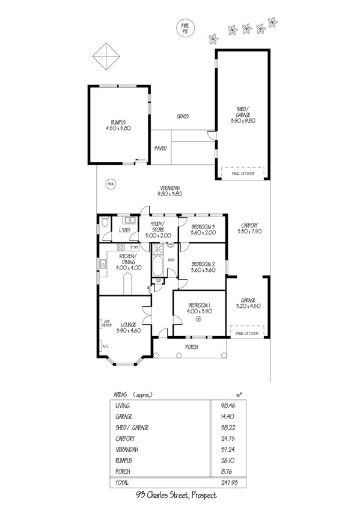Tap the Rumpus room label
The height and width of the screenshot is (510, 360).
[x=118, y=125]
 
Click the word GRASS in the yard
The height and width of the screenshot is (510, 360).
[x=183, y=116]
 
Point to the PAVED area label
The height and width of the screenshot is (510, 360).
[x=160, y=147]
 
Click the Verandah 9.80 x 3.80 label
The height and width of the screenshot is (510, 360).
[x=169, y=190]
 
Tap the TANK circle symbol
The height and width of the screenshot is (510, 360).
[x=109, y=183]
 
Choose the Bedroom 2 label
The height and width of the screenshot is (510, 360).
[x=203, y=266]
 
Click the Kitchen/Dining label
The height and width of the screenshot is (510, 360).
[x=128, y=264]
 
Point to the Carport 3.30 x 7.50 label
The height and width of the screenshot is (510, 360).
[x=247, y=229]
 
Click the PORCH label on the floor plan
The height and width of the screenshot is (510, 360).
[x=191, y=346]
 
